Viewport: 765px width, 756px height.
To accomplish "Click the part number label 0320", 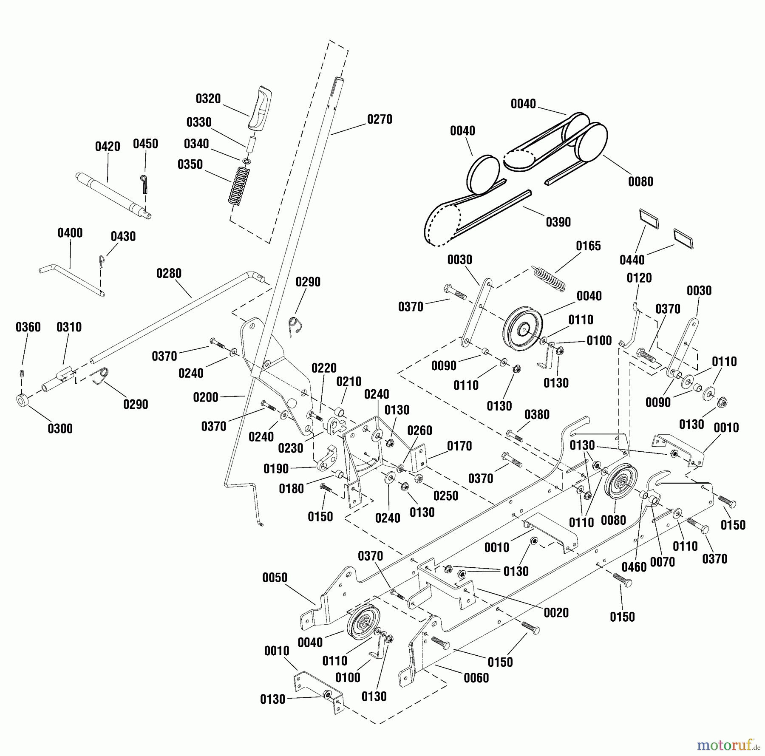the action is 208,99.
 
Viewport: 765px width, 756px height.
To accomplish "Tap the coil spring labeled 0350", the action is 239,186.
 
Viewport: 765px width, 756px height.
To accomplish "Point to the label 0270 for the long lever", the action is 380,119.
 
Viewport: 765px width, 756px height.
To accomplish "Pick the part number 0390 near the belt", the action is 558,222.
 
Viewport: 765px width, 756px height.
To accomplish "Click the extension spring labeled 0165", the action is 548,279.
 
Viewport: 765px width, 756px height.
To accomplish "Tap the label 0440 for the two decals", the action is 632,260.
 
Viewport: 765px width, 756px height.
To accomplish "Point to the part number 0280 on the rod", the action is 169,273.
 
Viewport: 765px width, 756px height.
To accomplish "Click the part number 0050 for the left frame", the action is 275,578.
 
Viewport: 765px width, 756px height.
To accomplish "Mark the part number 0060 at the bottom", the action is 476,678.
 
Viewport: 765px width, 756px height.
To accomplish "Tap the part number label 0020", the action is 556,612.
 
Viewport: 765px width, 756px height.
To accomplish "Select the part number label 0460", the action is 634,567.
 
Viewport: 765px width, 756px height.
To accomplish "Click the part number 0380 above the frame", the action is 537,414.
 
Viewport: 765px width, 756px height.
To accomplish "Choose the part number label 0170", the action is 459,446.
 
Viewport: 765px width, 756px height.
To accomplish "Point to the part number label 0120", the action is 639,278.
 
